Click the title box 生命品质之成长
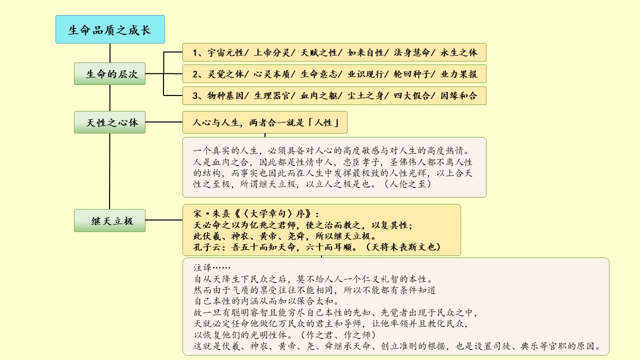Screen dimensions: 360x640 point(109,29)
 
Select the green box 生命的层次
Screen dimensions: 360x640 point(109,74)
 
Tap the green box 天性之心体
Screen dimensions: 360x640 point(109,122)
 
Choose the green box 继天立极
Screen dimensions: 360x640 point(109,220)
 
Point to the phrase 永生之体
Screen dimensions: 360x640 point(458,52)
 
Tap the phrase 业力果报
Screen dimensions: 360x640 point(458,74)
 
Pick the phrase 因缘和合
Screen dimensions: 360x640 point(458,95)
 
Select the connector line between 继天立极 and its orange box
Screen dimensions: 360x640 point(164,220)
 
